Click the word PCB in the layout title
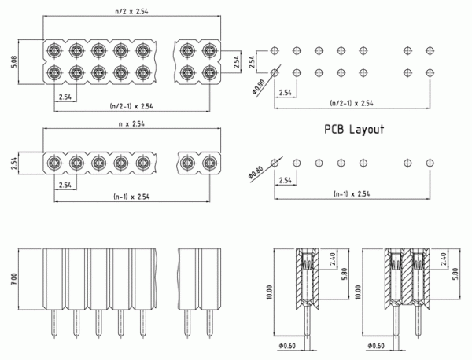point(334,129)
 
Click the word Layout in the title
point(367,129)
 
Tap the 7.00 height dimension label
point(13,280)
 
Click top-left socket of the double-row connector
point(53,51)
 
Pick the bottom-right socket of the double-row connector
point(208,73)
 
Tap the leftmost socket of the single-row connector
point(53,163)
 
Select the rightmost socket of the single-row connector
point(208,163)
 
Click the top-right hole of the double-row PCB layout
point(430,51)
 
